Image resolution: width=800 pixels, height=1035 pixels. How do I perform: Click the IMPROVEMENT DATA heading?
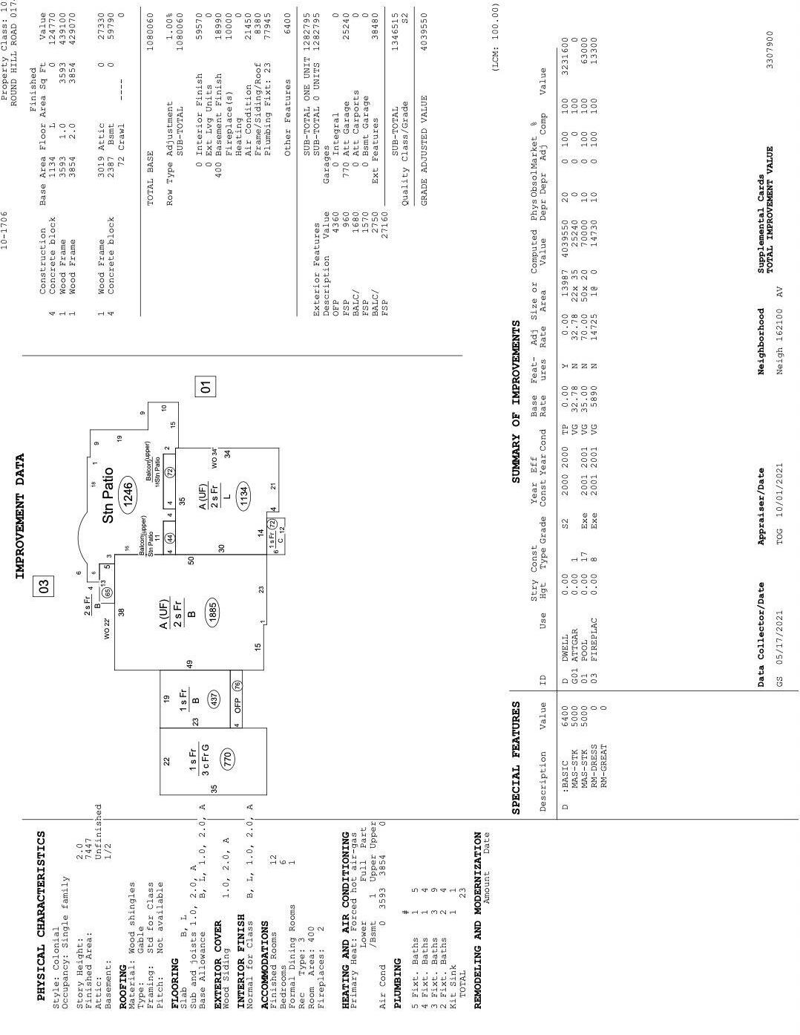pos(20,516)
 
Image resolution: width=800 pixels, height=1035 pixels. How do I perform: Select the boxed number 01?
pos(206,386)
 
